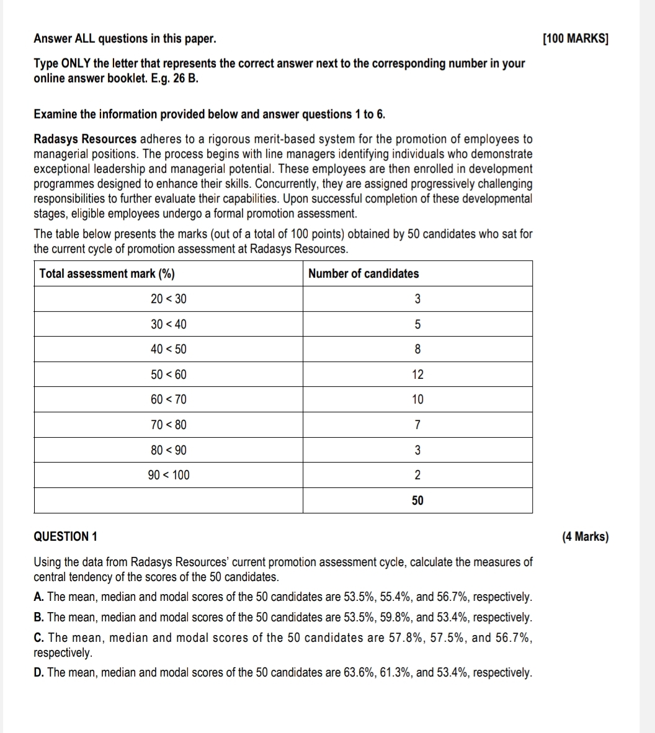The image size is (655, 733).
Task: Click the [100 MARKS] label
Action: point(575,39)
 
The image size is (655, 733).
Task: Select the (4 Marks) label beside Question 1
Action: point(585,537)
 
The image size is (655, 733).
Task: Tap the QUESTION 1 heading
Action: point(65,537)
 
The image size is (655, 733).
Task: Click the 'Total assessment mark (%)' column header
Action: point(107,273)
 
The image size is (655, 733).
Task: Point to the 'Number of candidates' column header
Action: point(363,273)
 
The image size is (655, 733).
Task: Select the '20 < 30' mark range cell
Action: point(168,299)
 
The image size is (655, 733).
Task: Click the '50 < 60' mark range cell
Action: point(168,375)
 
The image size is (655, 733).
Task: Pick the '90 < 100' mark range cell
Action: point(169,475)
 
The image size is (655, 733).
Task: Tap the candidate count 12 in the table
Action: point(417,375)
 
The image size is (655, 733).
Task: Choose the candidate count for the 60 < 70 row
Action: point(417,400)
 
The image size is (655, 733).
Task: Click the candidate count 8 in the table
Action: point(417,349)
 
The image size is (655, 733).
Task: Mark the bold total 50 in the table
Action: point(417,500)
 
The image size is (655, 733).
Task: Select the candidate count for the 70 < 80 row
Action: point(417,425)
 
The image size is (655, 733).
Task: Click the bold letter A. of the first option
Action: point(39,597)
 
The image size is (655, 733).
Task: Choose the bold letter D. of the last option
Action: point(39,673)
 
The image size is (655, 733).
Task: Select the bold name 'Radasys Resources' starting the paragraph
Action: point(85,139)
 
